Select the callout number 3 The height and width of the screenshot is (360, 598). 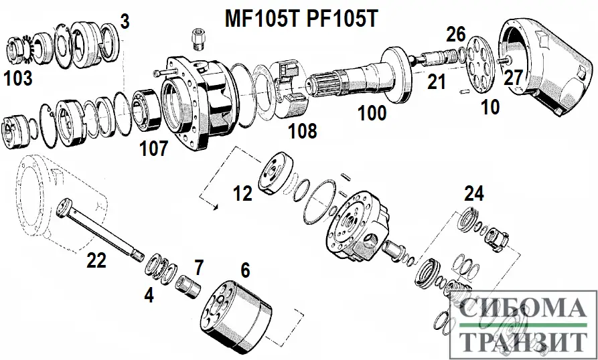tap(124, 21)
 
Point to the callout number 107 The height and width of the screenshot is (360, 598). tap(153, 148)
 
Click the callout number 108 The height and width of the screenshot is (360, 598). tap(302, 130)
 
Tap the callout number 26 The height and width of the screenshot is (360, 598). tap(455, 33)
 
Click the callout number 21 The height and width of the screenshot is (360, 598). tap(436, 82)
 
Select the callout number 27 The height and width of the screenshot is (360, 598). tap(512, 78)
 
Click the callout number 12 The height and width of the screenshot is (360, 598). tap(243, 193)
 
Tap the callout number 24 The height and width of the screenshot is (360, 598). tap(473, 194)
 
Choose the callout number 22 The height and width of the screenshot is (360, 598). tap(96, 261)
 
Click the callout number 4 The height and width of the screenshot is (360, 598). tap(149, 294)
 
